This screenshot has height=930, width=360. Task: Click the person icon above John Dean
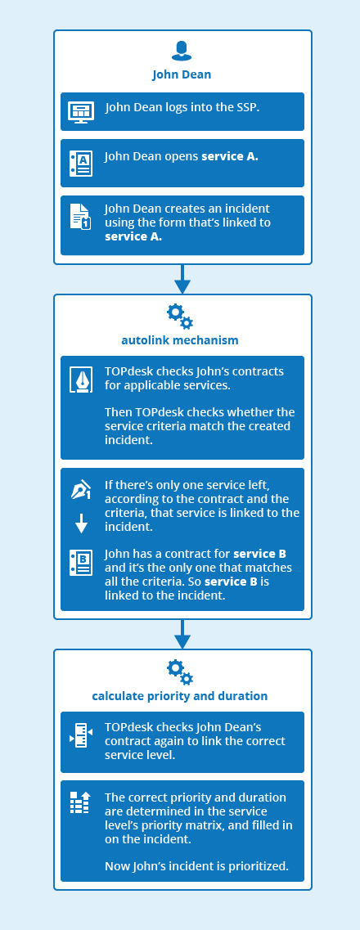coord(182,51)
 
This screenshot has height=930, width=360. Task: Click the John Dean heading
coord(182,74)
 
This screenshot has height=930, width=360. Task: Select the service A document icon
coord(81,163)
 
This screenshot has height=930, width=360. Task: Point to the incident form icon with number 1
coord(81,217)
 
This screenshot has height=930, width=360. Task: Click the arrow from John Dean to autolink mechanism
coord(182,280)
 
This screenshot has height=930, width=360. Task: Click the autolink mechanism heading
coord(180,340)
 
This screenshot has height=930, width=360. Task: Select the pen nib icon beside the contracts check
coord(81,380)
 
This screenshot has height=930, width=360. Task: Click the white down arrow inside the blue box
coord(81,523)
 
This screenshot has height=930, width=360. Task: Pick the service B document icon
coord(81,563)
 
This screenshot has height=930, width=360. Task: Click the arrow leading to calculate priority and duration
coord(182,634)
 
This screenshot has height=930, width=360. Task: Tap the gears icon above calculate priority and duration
coord(180,672)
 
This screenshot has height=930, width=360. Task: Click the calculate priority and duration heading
coord(180,696)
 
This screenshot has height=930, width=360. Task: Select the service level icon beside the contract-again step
coord(81,735)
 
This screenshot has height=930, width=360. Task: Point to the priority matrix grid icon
coord(80,802)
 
